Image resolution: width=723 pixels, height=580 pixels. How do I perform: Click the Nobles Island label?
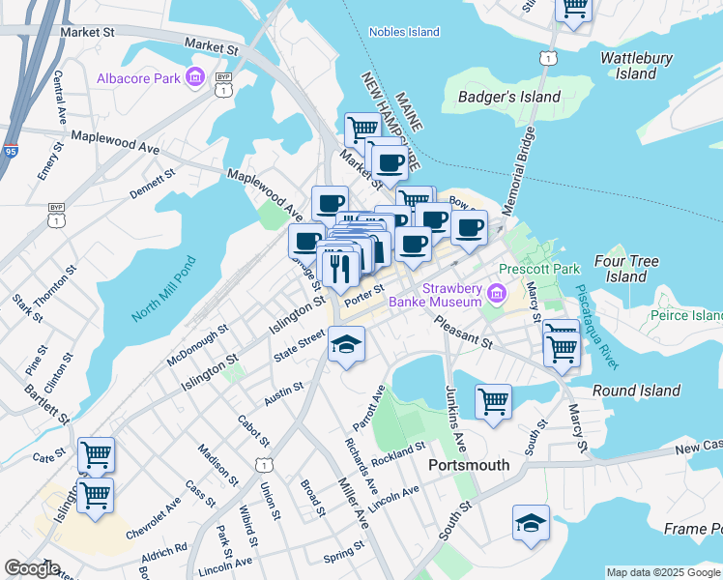point(404,32)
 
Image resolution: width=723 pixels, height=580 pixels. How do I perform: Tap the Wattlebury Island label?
point(636,66)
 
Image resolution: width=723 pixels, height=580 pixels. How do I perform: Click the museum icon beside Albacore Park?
point(194,76)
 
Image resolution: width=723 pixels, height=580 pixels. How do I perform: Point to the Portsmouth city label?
point(468,465)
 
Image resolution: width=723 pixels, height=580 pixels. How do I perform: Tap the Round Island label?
point(636,391)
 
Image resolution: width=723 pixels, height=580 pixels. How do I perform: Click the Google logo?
point(32,568)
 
